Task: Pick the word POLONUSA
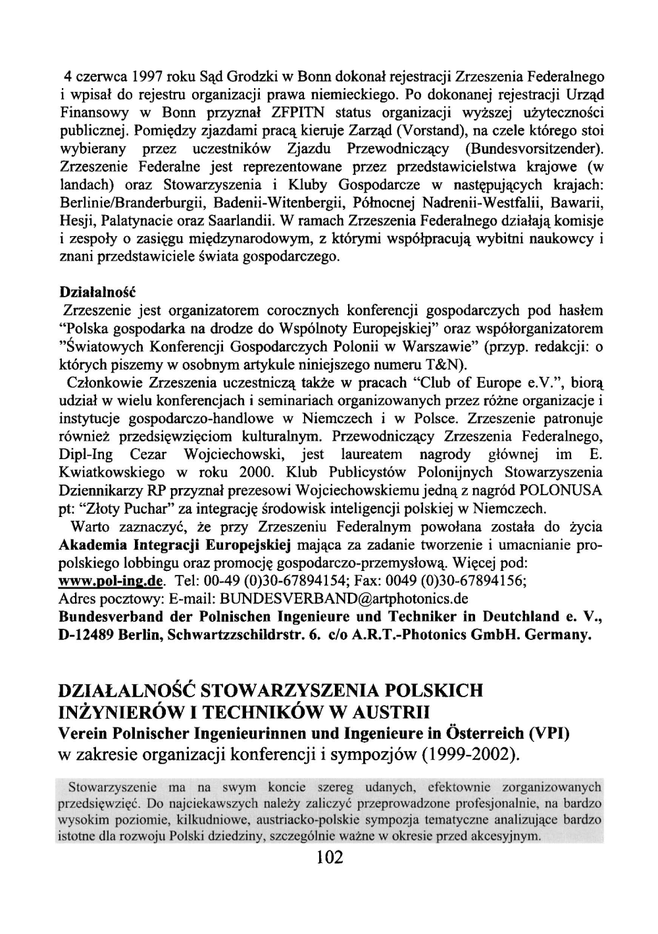[x=561, y=491]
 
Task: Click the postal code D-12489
[x=88, y=635]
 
